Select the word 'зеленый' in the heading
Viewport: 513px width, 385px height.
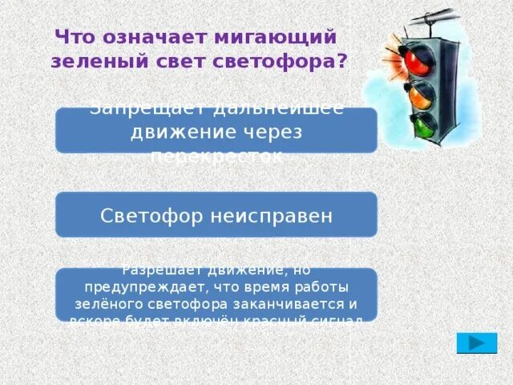click(x=90, y=62)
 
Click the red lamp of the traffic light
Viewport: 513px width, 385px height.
click(x=416, y=61)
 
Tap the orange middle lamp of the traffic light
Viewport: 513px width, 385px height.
click(x=420, y=95)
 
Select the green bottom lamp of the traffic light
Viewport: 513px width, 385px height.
click(x=422, y=124)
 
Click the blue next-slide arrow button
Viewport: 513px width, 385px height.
click(x=476, y=342)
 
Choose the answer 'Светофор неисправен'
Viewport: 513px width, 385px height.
click(x=216, y=215)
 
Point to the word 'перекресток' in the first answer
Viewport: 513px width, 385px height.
click(x=216, y=155)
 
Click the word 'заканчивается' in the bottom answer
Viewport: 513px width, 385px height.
click(x=304, y=304)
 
